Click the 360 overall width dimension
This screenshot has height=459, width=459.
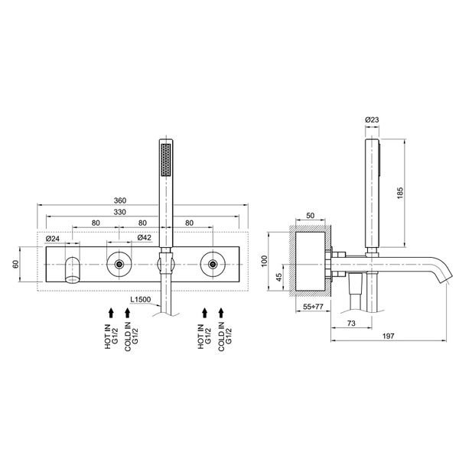tap(120, 200)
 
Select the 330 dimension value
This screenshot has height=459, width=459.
tap(120, 212)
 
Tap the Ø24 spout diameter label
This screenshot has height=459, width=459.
tap(52, 239)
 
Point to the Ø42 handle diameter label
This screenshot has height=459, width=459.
tap(145, 237)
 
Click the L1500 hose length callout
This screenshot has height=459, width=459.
tap(141, 299)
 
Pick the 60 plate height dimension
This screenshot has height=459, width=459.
tap(15, 264)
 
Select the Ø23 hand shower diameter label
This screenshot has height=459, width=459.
tap(372, 120)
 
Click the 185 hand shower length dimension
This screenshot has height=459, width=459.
tap(400, 194)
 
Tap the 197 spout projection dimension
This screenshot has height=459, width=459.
tap(388, 336)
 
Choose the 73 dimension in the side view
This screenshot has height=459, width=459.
tap(351, 323)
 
